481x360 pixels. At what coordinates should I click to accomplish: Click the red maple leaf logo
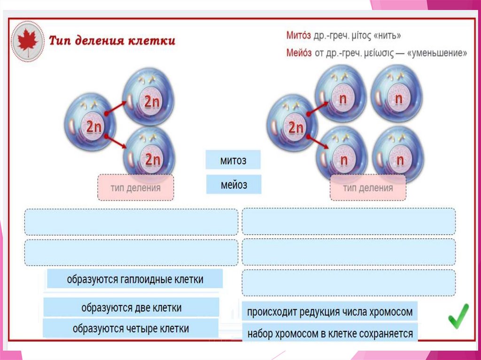point(28,40)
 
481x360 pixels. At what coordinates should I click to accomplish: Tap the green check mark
point(458,316)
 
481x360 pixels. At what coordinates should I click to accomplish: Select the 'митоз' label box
point(233,160)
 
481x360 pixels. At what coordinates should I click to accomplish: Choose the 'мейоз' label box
point(233,184)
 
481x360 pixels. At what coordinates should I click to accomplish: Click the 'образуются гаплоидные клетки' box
point(135,279)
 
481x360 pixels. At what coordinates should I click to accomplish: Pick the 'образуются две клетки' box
point(132,307)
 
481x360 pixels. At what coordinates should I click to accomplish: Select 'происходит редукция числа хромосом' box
point(330,311)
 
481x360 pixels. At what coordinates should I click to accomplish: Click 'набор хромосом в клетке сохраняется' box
point(330,333)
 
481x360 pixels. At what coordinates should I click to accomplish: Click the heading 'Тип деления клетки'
point(112,40)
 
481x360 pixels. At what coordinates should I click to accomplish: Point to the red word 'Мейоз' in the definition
point(299,53)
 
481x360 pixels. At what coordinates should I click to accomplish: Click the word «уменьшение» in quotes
point(438,53)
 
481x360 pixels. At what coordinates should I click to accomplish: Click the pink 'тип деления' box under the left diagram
point(136,188)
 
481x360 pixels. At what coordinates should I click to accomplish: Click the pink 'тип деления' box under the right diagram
point(368,188)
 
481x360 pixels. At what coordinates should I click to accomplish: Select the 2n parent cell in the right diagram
point(292,125)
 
